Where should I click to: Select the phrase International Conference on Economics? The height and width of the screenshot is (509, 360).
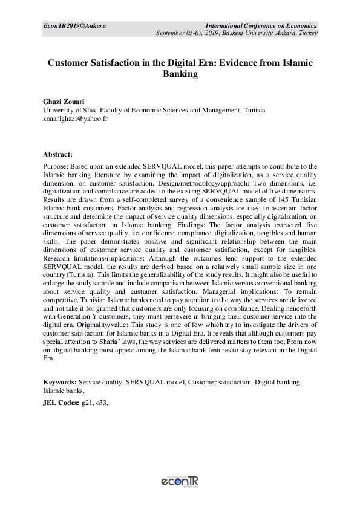coord(261,25)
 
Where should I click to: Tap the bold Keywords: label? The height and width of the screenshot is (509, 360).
coord(59,383)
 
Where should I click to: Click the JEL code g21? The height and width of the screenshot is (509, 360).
coord(88,402)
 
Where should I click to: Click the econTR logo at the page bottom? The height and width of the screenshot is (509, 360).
coord(180,482)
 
